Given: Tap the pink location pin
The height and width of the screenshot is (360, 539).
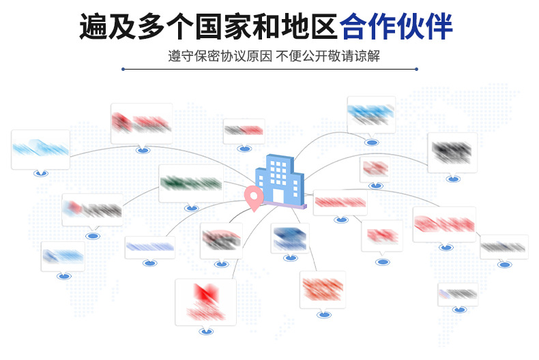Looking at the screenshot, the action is [254, 198].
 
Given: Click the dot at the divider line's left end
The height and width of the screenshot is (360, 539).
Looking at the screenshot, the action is [123, 69].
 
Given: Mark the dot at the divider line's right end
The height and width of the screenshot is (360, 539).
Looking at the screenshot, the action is [417, 69].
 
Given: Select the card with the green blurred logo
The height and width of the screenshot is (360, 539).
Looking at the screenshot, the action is [191, 183].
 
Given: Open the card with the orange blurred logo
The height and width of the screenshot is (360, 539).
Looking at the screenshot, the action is [323, 289].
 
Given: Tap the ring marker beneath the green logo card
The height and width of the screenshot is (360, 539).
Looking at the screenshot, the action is [192, 208].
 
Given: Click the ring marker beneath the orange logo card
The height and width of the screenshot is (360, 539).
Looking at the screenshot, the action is [323, 314].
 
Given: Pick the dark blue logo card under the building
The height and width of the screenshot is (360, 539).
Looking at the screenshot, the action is [290, 238].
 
